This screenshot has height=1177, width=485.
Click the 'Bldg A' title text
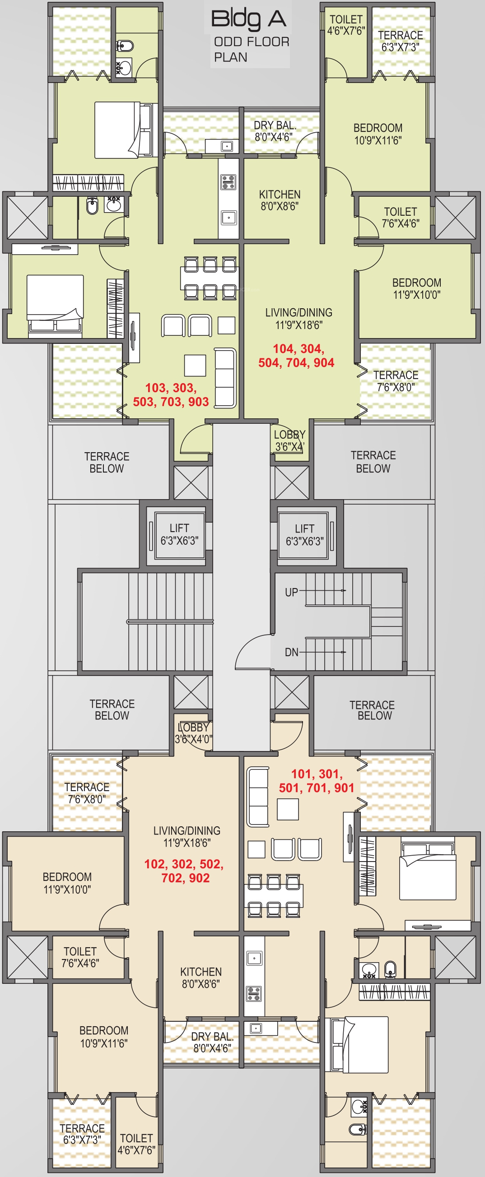click(249, 20)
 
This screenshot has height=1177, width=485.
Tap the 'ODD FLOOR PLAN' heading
click(252, 49)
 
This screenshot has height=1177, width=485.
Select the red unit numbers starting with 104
click(296, 356)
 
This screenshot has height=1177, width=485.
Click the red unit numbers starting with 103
click(171, 395)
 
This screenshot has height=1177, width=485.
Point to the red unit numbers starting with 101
click(317, 780)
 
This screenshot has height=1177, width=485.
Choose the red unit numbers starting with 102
click(184, 871)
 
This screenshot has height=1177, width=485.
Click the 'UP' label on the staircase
click(291, 593)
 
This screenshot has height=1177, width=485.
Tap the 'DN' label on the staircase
click(291, 653)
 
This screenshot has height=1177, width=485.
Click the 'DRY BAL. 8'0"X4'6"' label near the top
click(275, 131)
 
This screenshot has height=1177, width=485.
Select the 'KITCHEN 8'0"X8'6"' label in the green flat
click(280, 200)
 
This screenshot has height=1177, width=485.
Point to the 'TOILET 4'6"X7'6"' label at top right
click(346, 25)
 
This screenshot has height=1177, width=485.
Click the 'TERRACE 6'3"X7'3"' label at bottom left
click(82, 1134)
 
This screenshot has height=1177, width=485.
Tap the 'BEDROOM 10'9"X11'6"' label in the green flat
click(378, 134)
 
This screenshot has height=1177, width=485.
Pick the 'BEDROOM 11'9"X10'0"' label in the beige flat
click(67, 883)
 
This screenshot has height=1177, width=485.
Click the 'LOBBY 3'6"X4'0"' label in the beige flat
click(193, 733)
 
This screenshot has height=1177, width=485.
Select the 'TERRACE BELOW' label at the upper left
click(107, 463)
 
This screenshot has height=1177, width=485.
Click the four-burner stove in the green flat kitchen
click(228, 182)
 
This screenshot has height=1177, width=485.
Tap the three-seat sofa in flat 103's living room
click(225, 377)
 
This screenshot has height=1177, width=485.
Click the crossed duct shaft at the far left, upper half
click(26, 215)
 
